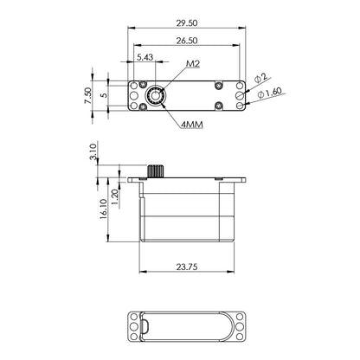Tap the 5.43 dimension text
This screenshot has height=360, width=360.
(145, 58)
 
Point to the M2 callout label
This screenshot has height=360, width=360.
(192, 65)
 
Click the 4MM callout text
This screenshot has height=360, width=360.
(193, 125)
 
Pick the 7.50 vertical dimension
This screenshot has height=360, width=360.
(87, 95)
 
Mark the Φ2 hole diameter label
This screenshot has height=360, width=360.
(263, 79)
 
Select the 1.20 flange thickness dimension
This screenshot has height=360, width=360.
(115, 196)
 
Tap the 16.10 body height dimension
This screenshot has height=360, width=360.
(103, 209)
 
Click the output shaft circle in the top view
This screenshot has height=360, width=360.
(157, 96)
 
